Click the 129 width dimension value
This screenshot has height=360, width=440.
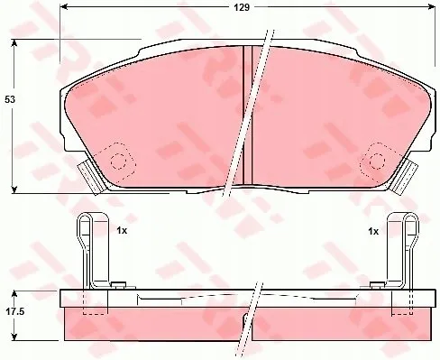[x=242, y=7]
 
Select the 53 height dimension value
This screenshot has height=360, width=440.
[x=10, y=99]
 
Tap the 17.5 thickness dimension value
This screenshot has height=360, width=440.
[x=14, y=311]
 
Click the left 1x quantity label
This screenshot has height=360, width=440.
[x=123, y=231]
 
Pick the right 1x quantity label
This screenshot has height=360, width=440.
[x=373, y=231]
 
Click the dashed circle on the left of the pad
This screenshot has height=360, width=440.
[x=118, y=162]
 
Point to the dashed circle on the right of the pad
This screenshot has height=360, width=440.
[x=377, y=161]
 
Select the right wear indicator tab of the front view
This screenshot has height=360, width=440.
[x=404, y=178]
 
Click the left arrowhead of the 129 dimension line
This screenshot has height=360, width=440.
[x=64, y=6]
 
